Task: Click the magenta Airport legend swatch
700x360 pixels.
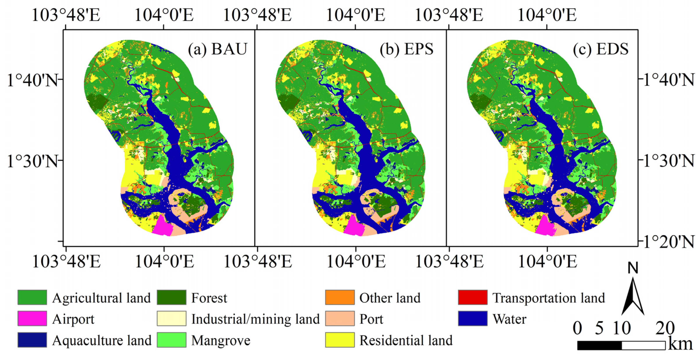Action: pyautogui.click(x=32, y=318)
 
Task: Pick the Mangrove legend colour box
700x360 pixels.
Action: pyautogui.click(x=172, y=340)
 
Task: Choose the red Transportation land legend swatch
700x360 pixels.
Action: pyautogui.click(x=473, y=297)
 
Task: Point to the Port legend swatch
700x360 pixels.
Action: pyautogui.click(x=340, y=318)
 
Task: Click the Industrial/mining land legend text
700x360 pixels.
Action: pyautogui.click(x=255, y=319)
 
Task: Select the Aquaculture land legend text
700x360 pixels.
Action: pyautogui.click(x=102, y=340)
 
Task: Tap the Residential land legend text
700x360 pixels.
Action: pyautogui.click(x=406, y=340)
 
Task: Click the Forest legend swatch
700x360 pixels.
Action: pyautogui.click(x=172, y=297)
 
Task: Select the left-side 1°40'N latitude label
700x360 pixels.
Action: pyautogui.click(x=32, y=80)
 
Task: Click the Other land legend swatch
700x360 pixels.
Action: pyautogui.click(x=340, y=297)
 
